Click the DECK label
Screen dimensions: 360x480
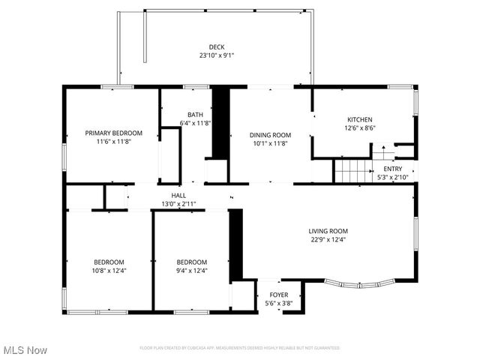click(217, 46)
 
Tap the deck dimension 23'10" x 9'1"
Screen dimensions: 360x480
click(217, 55)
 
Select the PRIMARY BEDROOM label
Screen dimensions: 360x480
click(113, 133)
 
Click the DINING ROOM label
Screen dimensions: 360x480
click(269, 135)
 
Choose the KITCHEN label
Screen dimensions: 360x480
click(359, 119)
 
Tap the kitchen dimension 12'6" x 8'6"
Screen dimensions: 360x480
click(359, 128)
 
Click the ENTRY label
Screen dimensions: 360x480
click(392, 169)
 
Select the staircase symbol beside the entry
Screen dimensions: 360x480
click(352, 172)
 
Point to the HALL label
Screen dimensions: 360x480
click(178, 195)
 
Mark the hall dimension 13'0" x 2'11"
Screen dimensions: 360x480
click(178, 204)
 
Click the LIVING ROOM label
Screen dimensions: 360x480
click(328, 231)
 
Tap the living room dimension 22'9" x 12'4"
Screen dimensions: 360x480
click(328, 240)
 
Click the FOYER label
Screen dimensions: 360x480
click(278, 295)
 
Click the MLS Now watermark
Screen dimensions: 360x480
click(25, 350)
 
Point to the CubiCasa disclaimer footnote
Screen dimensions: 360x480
click(240, 348)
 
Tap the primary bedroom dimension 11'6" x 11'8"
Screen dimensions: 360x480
click(113, 142)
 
